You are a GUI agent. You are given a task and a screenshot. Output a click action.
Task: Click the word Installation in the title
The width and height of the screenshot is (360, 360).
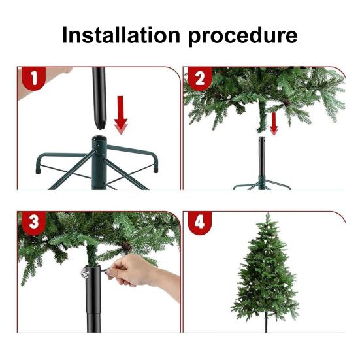click(x=121, y=35)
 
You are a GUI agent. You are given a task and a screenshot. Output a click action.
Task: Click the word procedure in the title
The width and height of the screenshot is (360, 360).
click(x=242, y=37)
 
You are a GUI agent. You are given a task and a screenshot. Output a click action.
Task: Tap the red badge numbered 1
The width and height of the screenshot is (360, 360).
click(x=34, y=78)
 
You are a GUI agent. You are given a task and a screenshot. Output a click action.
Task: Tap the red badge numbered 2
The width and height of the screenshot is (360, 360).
click(x=200, y=78)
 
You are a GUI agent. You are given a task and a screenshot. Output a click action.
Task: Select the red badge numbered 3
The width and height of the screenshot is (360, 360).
click(x=34, y=223)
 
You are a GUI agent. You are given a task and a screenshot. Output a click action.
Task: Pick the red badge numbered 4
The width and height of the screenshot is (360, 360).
click(x=199, y=223)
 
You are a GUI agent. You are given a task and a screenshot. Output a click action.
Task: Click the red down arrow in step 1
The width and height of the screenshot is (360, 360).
click(x=121, y=115)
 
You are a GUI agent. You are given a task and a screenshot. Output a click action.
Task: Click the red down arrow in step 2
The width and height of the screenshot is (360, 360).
click(x=274, y=123)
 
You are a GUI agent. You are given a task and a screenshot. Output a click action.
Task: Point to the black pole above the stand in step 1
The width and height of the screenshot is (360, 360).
click(x=99, y=97)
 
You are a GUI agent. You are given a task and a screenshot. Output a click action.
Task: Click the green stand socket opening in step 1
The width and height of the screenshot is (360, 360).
click(x=99, y=139)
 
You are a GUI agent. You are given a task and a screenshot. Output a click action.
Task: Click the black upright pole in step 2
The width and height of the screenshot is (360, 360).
click(x=262, y=157)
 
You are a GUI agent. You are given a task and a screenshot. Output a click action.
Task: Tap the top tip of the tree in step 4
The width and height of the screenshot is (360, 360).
click(x=268, y=214)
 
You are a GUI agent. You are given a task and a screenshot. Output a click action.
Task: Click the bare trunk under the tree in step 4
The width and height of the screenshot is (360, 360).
click(x=266, y=322)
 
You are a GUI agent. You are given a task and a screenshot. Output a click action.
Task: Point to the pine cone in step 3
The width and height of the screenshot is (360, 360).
click(x=126, y=246)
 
